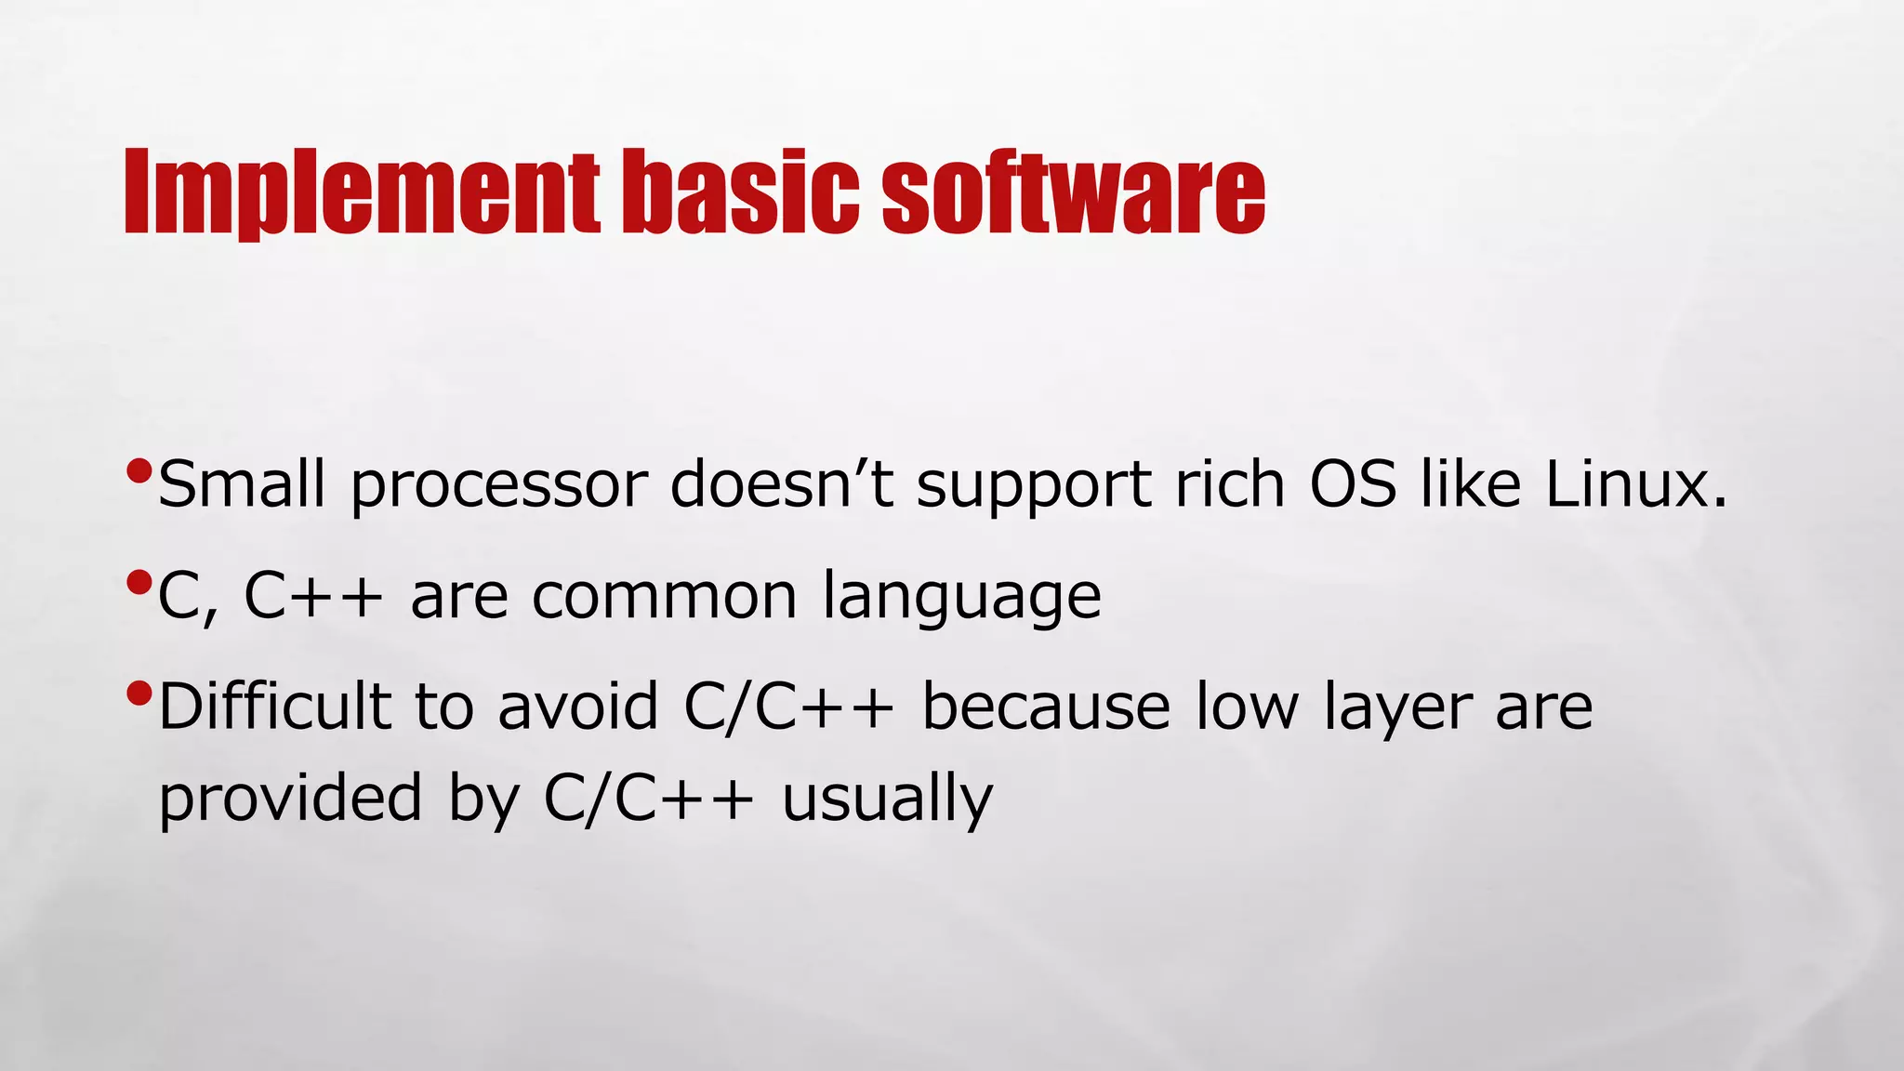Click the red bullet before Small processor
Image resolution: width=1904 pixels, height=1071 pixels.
point(139,472)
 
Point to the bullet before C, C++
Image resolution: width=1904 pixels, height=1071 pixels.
point(139,584)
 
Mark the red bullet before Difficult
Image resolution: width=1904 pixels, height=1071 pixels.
point(139,694)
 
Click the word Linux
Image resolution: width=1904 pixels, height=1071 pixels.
point(1634,484)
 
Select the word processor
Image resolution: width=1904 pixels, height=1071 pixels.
point(499,486)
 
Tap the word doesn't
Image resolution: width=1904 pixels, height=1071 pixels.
point(781,484)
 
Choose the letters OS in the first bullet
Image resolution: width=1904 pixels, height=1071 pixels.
point(1353,484)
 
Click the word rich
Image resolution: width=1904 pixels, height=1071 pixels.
point(1230,484)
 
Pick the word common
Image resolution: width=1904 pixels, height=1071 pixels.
point(664,597)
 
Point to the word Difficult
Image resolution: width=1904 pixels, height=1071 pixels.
point(274,707)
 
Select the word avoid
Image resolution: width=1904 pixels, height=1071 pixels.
point(578,707)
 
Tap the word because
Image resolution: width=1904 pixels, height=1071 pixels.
point(1046,707)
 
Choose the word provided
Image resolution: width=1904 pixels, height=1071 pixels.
point(291,798)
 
